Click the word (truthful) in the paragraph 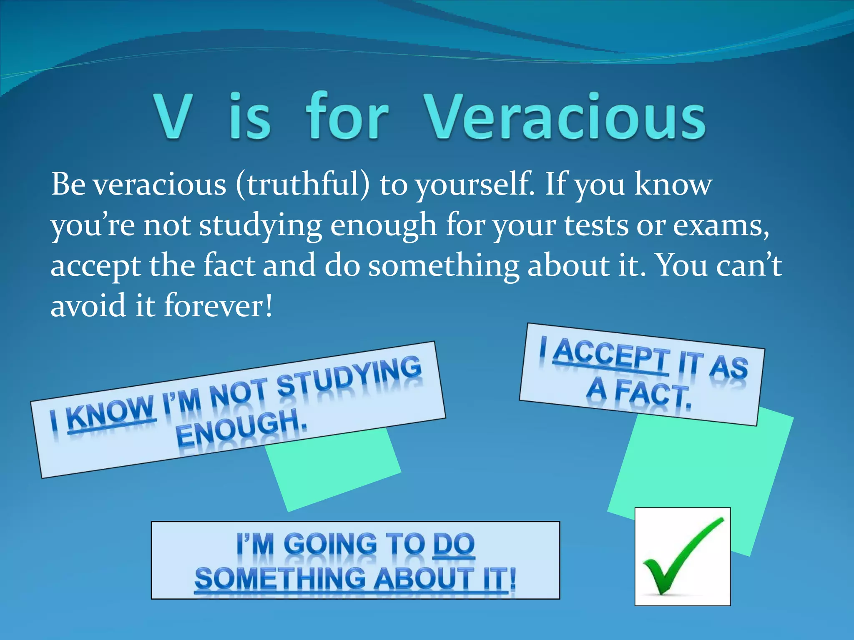tap(303, 185)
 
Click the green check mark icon tap(682, 556)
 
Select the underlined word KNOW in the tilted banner tap(111, 414)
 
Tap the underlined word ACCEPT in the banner tap(611, 356)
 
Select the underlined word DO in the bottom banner tap(454, 544)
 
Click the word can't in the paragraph tap(749, 265)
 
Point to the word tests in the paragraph tap(596, 225)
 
